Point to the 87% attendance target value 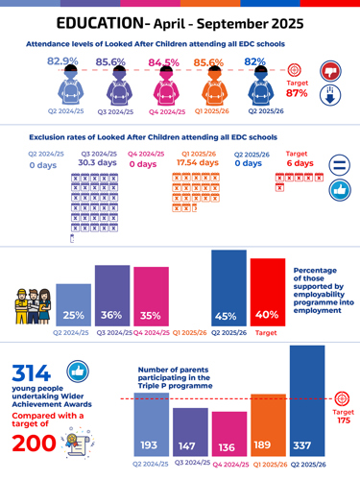[x=297, y=93]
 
